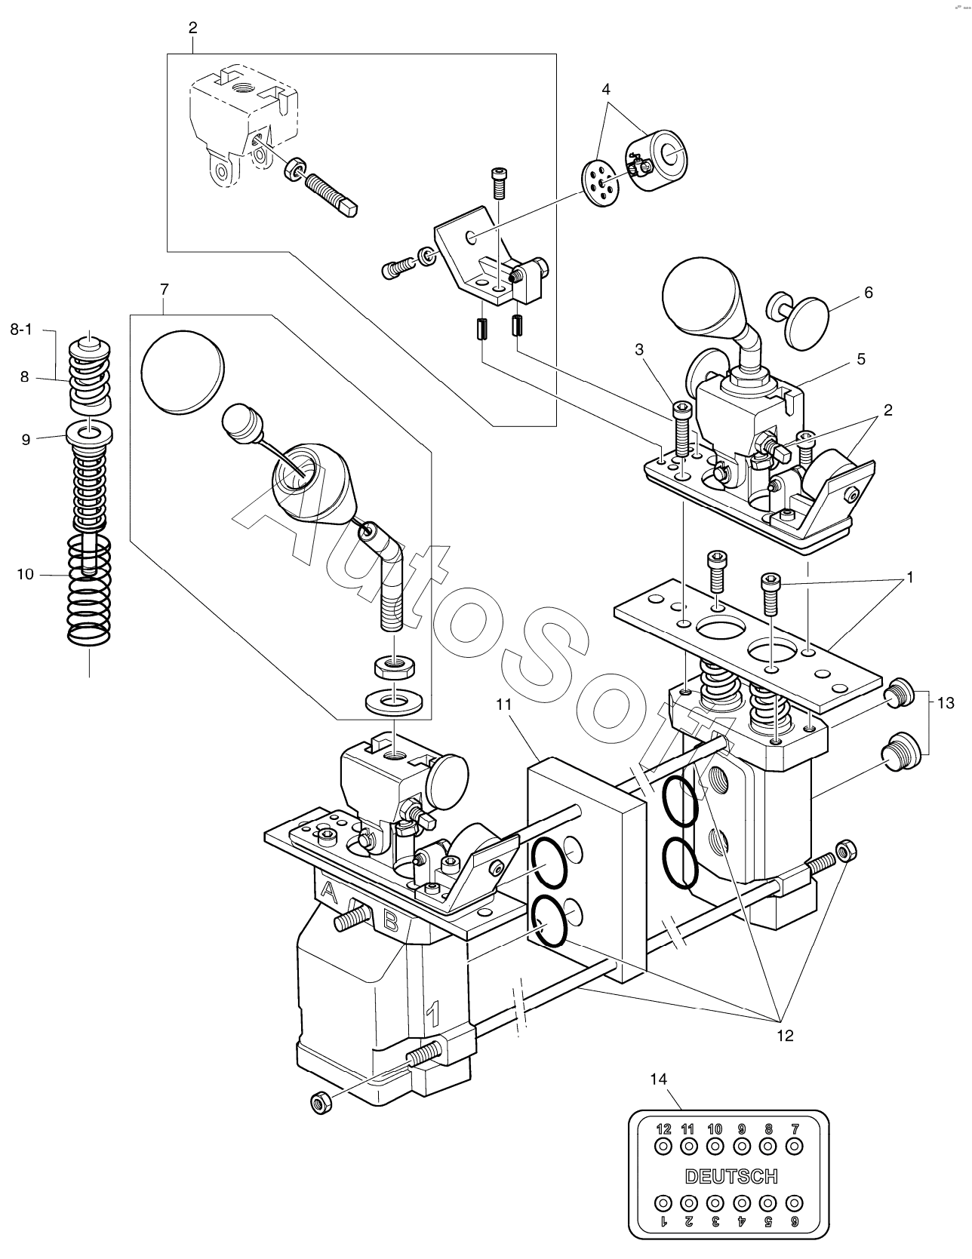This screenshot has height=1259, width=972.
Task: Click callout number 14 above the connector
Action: pos(659,1079)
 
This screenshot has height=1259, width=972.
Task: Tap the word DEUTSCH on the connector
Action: pos(731,1176)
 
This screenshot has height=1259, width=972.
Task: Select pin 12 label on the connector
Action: pos(663,1129)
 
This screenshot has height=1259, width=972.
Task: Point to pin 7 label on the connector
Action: pos(793,1129)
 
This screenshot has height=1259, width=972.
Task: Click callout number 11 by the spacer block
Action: pos(504,705)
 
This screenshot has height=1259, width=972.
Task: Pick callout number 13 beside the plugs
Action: pos(946,703)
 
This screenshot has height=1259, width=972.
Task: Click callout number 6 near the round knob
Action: pos(868,293)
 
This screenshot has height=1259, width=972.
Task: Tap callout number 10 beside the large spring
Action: pos(26,574)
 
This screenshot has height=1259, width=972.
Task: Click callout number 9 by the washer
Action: pos(26,440)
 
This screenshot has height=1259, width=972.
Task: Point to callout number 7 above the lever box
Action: pos(165,289)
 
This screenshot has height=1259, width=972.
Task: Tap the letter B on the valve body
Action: pos(391,920)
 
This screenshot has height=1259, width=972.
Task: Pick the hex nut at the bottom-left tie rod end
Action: pos(320,1102)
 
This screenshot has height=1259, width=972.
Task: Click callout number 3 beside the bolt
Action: pos(639,349)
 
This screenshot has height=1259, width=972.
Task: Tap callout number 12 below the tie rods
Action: pos(785,1035)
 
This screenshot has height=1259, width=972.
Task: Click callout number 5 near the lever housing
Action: pos(860,359)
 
